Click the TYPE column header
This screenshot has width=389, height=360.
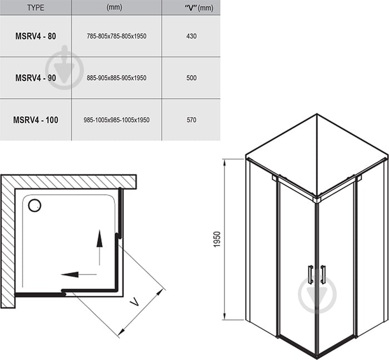click(x=36, y=7)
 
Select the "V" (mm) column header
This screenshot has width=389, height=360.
click(x=199, y=8)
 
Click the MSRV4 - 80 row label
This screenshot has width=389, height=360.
click(x=36, y=36)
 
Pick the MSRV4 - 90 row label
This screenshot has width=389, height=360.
click(x=36, y=78)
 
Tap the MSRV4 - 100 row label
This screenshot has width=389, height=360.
click(x=36, y=120)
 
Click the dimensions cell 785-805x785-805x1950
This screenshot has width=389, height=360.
click(x=117, y=36)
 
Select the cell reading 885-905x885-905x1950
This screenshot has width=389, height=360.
click(x=117, y=78)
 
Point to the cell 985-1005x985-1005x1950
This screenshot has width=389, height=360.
click(x=117, y=120)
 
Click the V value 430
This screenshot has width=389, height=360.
click(x=192, y=36)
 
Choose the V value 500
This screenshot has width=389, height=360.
click(x=192, y=78)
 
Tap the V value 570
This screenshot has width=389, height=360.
click(x=192, y=120)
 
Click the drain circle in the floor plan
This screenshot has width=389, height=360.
click(x=34, y=206)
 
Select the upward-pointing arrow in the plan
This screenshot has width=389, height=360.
click(x=99, y=247)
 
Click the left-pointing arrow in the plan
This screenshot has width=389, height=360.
click(x=79, y=274)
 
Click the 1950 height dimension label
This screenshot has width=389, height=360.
click(x=217, y=239)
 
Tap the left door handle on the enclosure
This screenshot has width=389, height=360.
click(x=310, y=274)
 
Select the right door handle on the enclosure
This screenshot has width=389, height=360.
click(x=323, y=274)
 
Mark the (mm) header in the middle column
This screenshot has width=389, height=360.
click(x=114, y=7)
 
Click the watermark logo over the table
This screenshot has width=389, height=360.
click(x=64, y=67)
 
